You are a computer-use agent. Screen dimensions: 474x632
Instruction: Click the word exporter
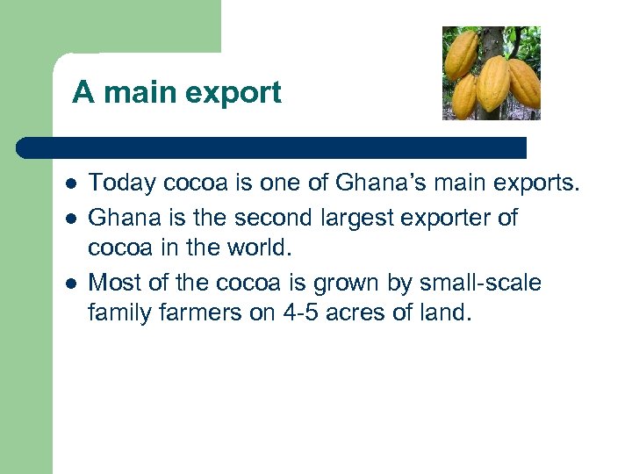[455, 218]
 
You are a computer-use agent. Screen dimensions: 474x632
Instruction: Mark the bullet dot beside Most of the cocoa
[68, 284]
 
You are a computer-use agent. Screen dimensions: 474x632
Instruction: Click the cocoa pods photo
[491, 73]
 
